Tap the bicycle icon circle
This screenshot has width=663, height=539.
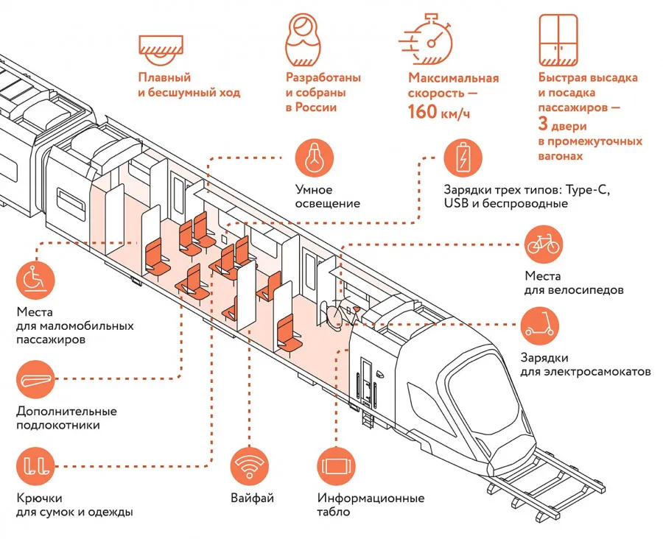tap(544, 244)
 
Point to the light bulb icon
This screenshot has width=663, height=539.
tap(314, 158)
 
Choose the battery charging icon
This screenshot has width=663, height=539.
tap(463, 158)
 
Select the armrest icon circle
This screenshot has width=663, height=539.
tap(35, 378)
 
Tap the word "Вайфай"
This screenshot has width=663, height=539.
tap(252, 499)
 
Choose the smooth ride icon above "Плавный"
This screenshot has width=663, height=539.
tap(160, 46)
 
